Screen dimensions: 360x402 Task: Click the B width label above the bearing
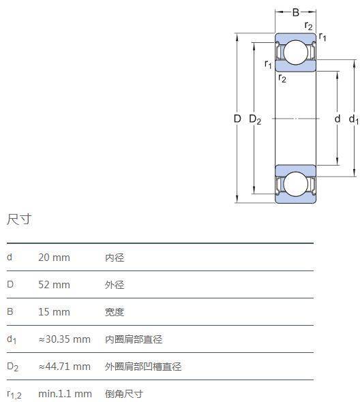click(x=296, y=12)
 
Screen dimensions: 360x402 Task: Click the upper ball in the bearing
click(x=296, y=52)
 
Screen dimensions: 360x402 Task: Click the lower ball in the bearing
click(x=296, y=184)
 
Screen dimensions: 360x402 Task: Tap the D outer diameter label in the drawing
click(x=237, y=119)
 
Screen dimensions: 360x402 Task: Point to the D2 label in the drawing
click(x=255, y=119)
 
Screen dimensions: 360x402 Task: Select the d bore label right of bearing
click(x=337, y=119)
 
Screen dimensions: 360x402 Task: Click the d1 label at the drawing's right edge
click(x=354, y=119)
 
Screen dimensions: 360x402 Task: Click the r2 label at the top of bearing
click(x=308, y=26)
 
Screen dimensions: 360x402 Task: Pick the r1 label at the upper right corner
click(x=322, y=37)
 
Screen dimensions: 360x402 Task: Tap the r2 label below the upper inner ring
click(x=282, y=78)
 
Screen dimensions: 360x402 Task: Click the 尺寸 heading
click(x=19, y=219)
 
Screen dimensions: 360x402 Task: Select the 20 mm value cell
click(x=54, y=258)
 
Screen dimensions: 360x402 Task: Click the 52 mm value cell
click(x=54, y=285)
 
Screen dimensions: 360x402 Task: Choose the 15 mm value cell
click(x=54, y=312)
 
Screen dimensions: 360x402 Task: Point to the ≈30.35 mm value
click(x=64, y=339)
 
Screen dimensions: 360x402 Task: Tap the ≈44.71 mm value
click(x=64, y=367)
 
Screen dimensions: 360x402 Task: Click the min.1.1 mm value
click(x=65, y=394)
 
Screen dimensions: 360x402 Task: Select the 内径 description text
click(x=115, y=258)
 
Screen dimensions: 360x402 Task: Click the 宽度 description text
click(x=115, y=312)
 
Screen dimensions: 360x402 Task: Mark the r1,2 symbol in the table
click(x=14, y=395)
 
